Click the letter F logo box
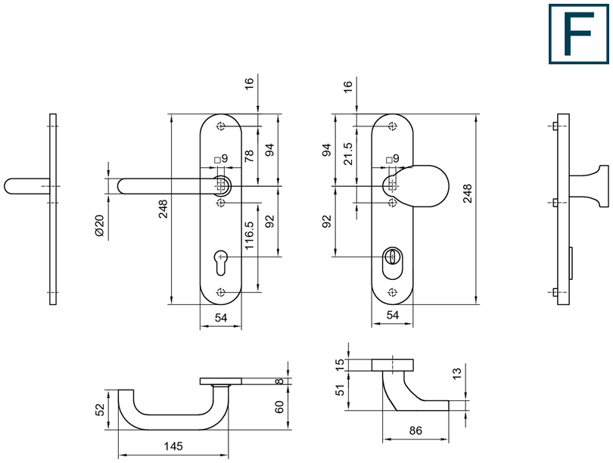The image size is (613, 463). point(579,34)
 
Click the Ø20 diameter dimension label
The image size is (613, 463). point(100,225)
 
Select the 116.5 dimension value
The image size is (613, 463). point(249,235)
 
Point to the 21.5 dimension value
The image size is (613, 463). point(347,154)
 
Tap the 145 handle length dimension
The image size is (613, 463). point(173,446)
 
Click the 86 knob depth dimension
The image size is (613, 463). point(415,430)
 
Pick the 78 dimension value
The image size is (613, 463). point(249,156)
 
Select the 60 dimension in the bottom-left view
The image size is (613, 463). point(279,407)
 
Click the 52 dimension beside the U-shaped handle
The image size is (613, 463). point(100,409)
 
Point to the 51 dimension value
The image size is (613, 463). point(341,390)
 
